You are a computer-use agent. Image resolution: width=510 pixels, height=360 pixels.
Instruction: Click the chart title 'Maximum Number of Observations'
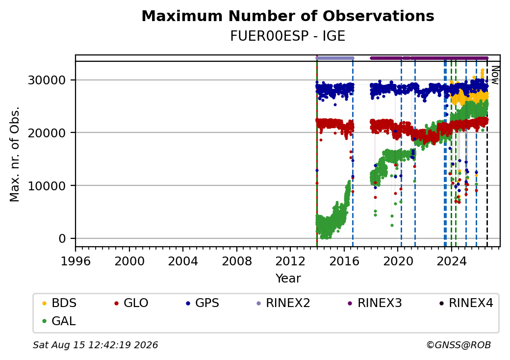pyautogui.click(x=288, y=16)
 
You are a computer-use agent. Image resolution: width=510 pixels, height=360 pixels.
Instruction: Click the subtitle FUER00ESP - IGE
pyautogui.click(x=288, y=36)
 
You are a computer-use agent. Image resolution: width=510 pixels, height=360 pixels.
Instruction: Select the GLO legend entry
pyautogui.click(x=131, y=303)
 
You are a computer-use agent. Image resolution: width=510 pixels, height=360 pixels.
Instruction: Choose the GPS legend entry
pyautogui.click(x=203, y=303)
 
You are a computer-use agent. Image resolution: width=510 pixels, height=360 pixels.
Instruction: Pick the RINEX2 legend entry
pyautogui.click(x=283, y=303)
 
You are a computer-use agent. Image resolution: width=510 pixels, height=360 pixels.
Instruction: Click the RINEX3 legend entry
pyautogui.click(x=375, y=303)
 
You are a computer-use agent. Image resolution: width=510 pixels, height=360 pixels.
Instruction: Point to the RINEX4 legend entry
pyautogui.click(x=466, y=303)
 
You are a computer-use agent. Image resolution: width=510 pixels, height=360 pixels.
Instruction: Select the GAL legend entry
pyautogui.click(x=59, y=321)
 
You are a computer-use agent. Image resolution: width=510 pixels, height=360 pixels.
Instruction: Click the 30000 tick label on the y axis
pyautogui.click(x=47, y=80)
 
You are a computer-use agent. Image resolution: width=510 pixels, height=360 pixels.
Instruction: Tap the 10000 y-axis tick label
pyautogui.click(x=47, y=186)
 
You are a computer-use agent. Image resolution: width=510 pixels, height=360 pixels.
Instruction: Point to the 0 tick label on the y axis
pyautogui.click(x=62, y=239)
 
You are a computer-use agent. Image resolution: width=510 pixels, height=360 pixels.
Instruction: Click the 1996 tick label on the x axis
pyautogui.click(x=76, y=261)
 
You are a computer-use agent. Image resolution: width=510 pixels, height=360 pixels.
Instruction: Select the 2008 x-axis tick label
pyautogui.click(x=237, y=261)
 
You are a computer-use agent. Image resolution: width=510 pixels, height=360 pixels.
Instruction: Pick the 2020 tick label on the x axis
pyautogui.click(x=398, y=261)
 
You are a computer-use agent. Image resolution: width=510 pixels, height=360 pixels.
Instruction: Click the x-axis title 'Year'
pyautogui.click(x=288, y=279)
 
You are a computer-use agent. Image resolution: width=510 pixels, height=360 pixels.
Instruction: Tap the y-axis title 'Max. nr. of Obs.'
pyautogui.click(x=15, y=154)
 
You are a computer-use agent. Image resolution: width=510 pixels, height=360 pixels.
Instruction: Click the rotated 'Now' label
pyautogui.click(x=495, y=75)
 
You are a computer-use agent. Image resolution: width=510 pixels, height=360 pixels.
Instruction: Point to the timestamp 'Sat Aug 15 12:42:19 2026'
pyautogui.click(x=96, y=345)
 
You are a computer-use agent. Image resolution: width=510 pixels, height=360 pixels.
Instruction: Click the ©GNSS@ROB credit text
pyautogui.click(x=459, y=345)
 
